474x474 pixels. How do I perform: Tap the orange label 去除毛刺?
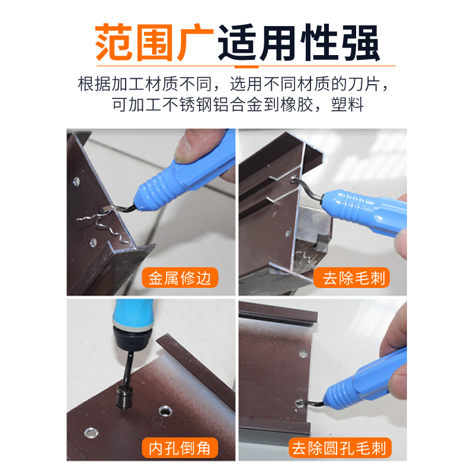tap(354, 278)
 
